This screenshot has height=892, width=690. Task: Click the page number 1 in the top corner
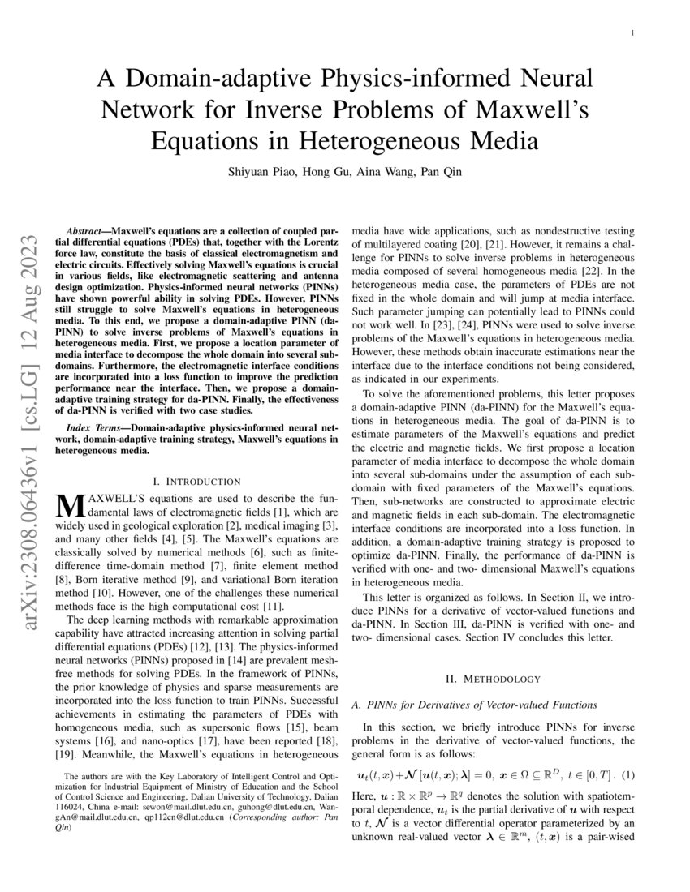(x=632, y=32)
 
